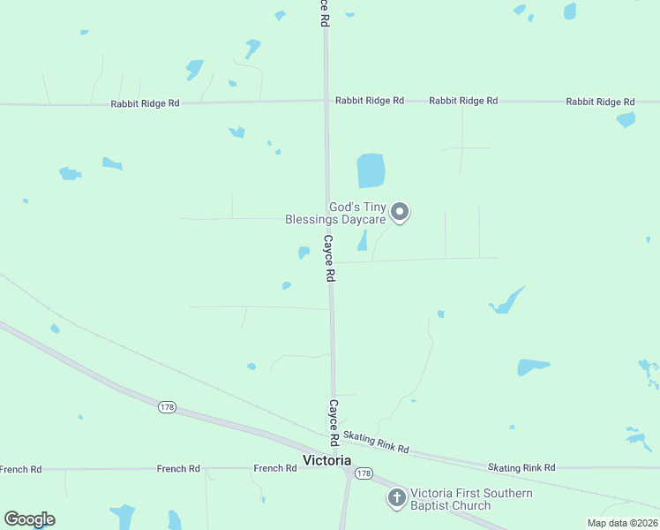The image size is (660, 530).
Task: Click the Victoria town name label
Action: tap(326, 460)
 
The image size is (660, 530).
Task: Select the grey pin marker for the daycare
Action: tap(400, 211)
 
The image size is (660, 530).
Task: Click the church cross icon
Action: tap(397, 498)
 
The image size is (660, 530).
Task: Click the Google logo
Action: tap(29, 519)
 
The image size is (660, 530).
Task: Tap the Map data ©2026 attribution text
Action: tap(622, 523)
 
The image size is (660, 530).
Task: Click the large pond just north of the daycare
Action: tap(371, 170)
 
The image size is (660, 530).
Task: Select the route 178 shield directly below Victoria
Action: tap(363, 474)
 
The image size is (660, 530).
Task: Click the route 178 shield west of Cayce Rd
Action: tap(167, 406)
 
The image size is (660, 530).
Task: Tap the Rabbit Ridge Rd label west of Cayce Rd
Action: tap(146, 103)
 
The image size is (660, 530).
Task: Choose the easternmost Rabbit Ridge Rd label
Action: tap(600, 102)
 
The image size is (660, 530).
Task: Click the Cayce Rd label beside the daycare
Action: tap(328, 258)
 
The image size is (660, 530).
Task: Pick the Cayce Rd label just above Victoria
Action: tap(334, 422)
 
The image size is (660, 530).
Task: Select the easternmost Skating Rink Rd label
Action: tap(521, 466)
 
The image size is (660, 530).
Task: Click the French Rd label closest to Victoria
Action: tap(274, 468)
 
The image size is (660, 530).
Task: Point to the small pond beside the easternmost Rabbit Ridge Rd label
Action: tap(626, 119)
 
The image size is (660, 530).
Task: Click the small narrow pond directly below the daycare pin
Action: tap(363, 240)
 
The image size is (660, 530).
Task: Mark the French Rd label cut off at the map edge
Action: tap(20, 469)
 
